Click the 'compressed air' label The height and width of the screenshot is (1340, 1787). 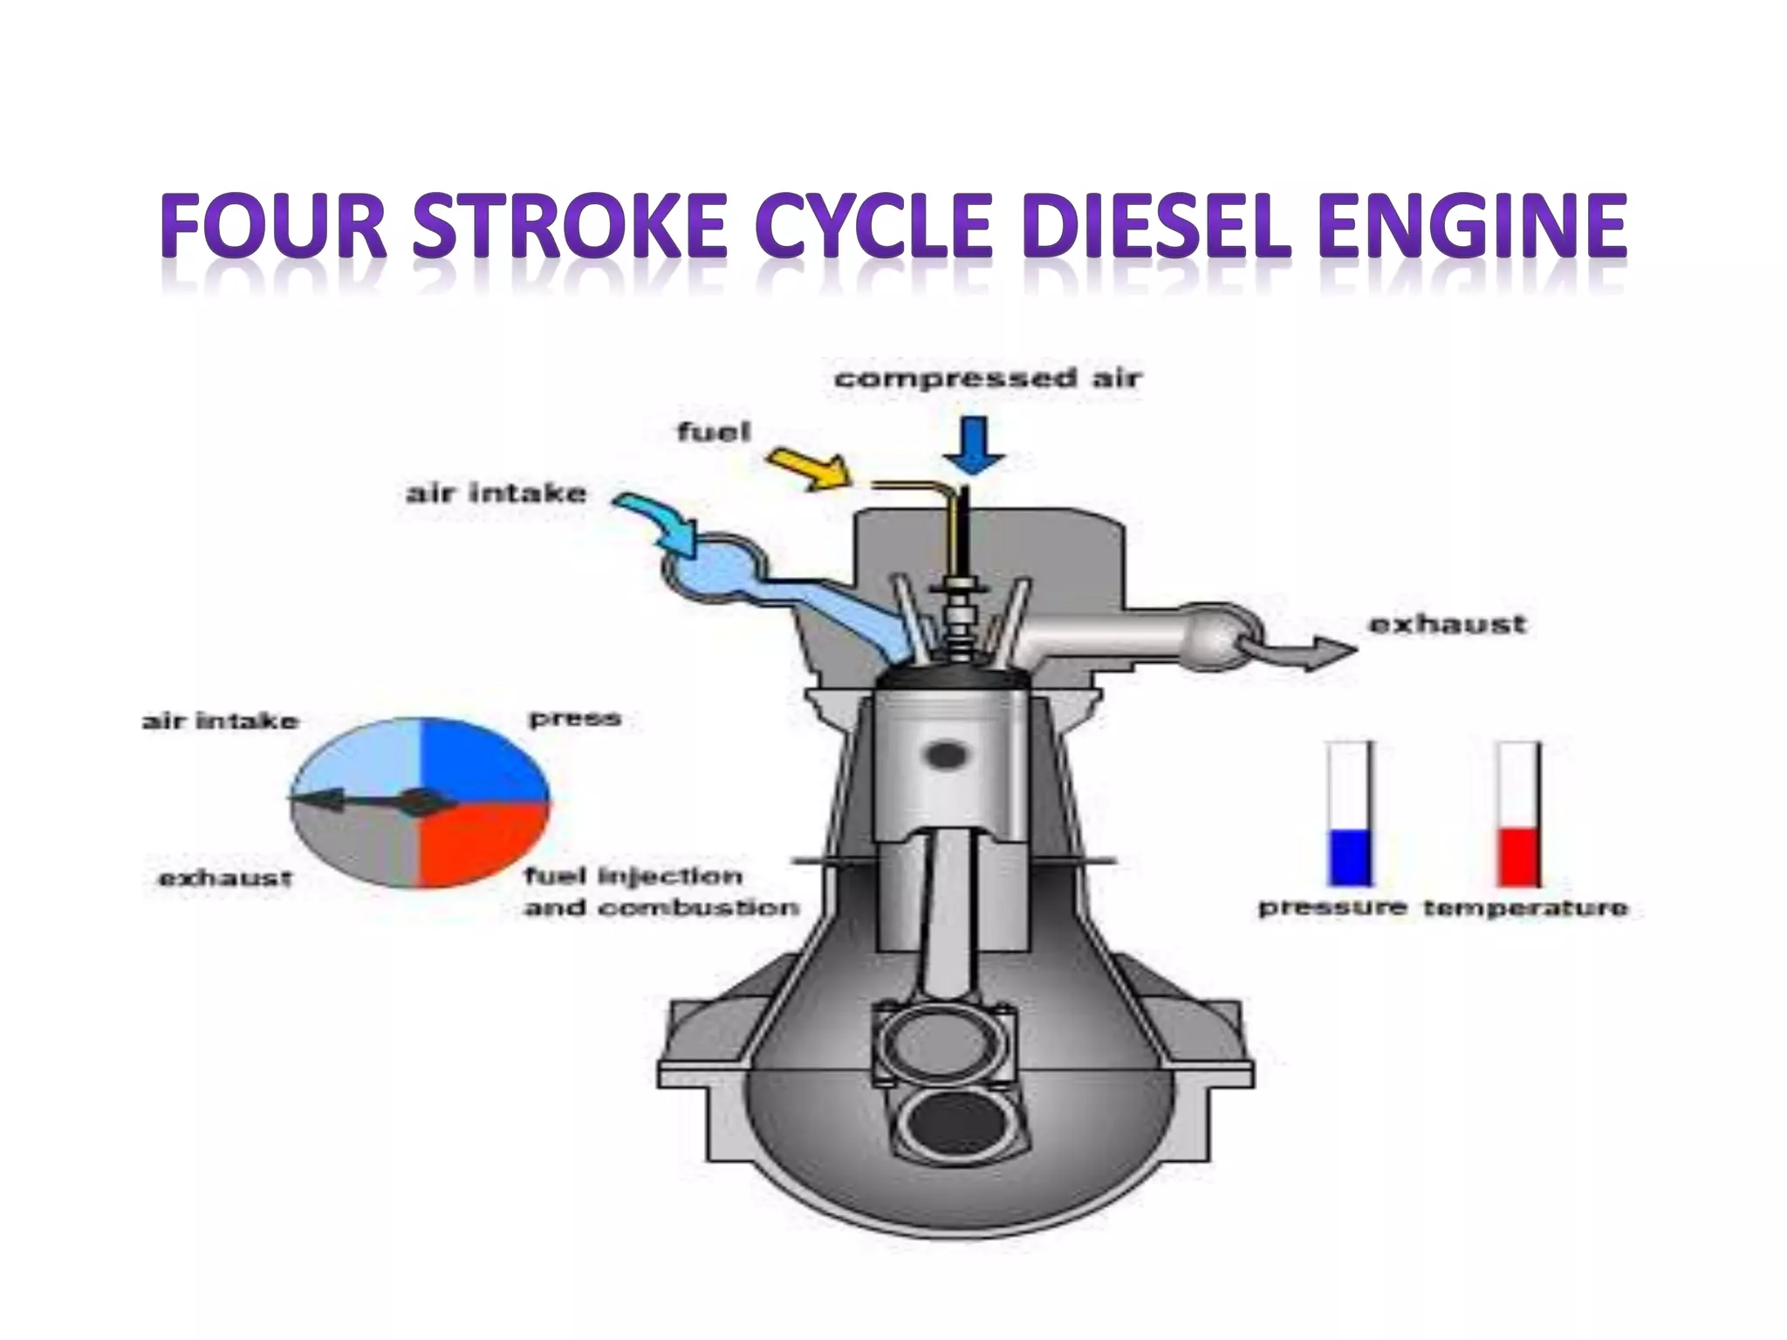(x=988, y=379)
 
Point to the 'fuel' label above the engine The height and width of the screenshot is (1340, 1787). (x=714, y=432)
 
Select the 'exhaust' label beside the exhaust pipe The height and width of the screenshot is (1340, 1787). (x=1448, y=624)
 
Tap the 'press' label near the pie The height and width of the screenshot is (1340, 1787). (x=575, y=719)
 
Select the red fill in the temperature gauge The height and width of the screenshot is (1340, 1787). (x=1518, y=857)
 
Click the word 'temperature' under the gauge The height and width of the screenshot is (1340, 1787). (x=1525, y=908)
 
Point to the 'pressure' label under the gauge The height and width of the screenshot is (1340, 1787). (x=1332, y=908)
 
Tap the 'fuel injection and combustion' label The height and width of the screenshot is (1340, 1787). (x=661, y=892)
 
